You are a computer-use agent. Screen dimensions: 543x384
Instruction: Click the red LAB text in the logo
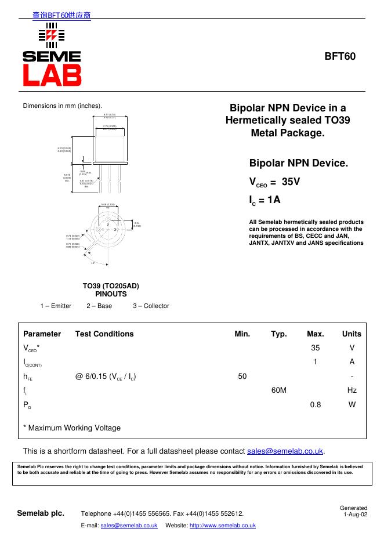pyautogui.click(x=52, y=74)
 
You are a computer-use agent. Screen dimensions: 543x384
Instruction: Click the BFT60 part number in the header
pyautogui.click(x=339, y=57)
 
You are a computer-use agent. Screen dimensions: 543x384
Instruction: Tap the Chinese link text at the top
pyautogui.click(x=61, y=16)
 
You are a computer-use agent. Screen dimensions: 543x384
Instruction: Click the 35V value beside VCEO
pyautogui.click(x=291, y=181)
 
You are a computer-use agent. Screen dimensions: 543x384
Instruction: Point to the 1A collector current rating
pyautogui.click(x=265, y=200)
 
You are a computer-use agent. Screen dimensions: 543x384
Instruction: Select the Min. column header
pyautogui.click(x=242, y=334)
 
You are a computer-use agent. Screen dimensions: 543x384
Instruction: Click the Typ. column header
pyautogui.click(x=279, y=334)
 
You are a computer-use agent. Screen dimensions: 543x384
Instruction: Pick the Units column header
pyautogui.click(x=352, y=334)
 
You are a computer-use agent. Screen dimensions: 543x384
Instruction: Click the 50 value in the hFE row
pyautogui.click(x=242, y=377)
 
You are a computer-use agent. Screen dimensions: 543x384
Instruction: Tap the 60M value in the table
pyautogui.click(x=279, y=390)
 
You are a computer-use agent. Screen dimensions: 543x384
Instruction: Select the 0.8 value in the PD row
pyautogui.click(x=315, y=405)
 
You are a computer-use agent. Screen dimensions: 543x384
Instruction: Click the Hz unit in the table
pyautogui.click(x=352, y=390)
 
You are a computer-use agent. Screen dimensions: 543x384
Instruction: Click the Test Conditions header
pyautogui.click(x=104, y=334)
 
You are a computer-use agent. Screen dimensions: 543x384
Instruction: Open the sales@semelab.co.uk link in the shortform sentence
pyautogui.click(x=285, y=451)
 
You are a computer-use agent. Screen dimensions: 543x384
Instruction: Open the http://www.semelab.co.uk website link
pyautogui.click(x=223, y=525)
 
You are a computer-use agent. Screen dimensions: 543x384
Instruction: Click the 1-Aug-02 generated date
pyautogui.click(x=355, y=514)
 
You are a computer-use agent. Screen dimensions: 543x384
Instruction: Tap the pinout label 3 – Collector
pyautogui.click(x=151, y=306)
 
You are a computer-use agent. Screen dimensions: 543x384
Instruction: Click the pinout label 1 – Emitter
pyautogui.click(x=56, y=306)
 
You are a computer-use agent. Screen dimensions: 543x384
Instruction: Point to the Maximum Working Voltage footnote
pyautogui.click(x=72, y=428)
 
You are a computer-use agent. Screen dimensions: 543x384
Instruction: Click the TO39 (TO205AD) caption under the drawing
pyautogui.click(x=111, y=286)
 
